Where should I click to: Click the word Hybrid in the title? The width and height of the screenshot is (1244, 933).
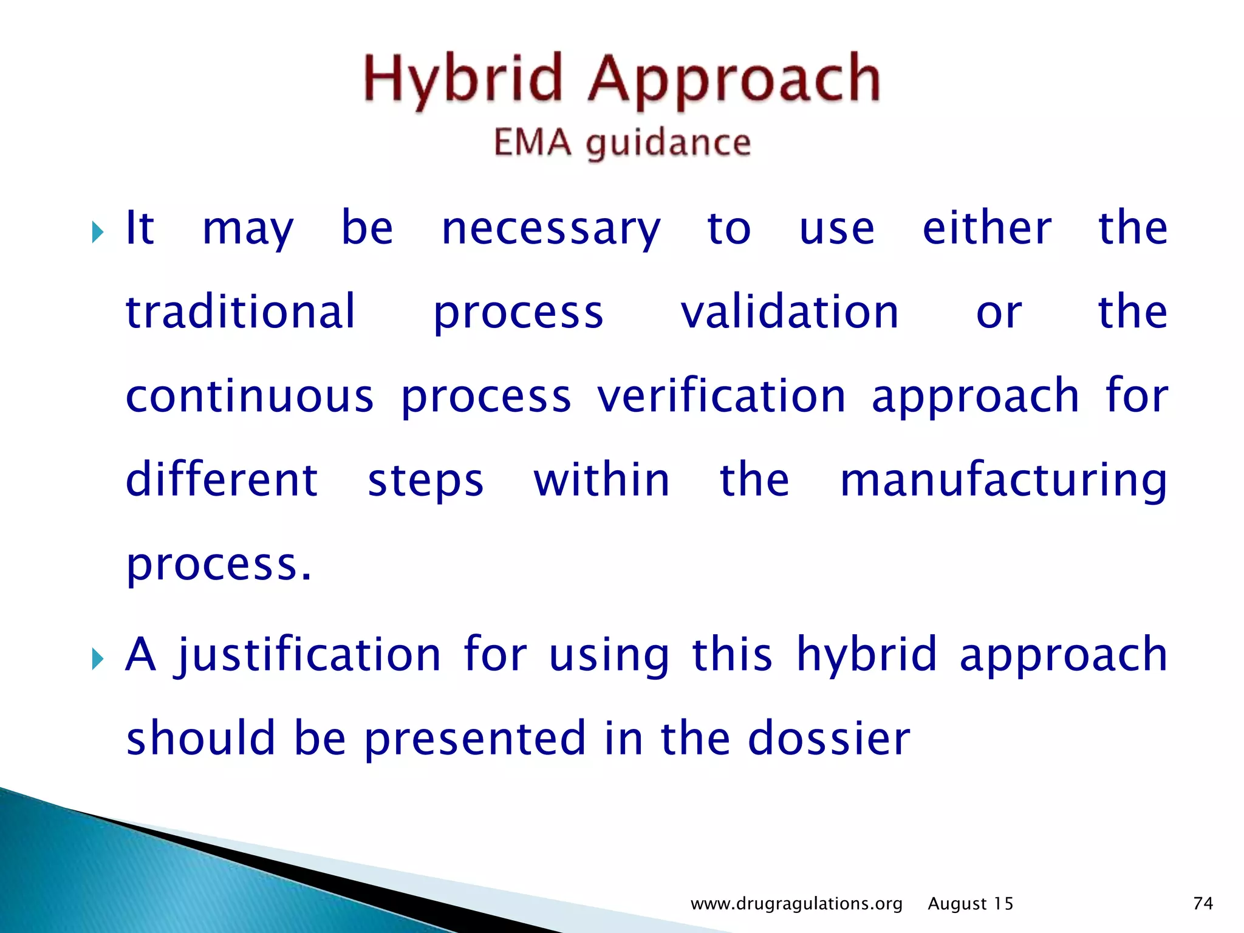[x=463, y=80]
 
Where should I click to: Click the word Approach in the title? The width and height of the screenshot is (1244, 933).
[x=734, y=80]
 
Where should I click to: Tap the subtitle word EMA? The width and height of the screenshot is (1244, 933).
[x=532, y=143]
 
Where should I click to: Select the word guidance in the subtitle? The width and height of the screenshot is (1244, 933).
[x=668, y=145]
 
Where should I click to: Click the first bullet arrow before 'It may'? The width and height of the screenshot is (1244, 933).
[x=98, y=231]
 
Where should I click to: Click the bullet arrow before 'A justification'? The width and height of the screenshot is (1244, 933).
[x=98, y=658]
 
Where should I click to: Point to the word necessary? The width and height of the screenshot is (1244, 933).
[x=550, y=230]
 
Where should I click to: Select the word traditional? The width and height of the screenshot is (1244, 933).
[x=240, y=312]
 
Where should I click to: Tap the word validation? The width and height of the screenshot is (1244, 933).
[x=789, y=312]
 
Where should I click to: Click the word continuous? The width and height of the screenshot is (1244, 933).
[x=250, y=396]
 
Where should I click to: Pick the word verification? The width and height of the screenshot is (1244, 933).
[x=721, y=396]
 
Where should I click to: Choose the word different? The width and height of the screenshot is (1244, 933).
[x=222, y=480]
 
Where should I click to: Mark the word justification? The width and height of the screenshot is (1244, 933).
[x=308, y=655]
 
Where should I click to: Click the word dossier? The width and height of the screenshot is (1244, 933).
[x=829, y=739]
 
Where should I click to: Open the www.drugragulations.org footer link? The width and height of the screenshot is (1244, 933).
[x=796, y=904]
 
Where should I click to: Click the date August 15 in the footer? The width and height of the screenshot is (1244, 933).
[x=970, y=904]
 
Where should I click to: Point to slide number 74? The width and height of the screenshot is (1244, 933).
[x=1203, y=903]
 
